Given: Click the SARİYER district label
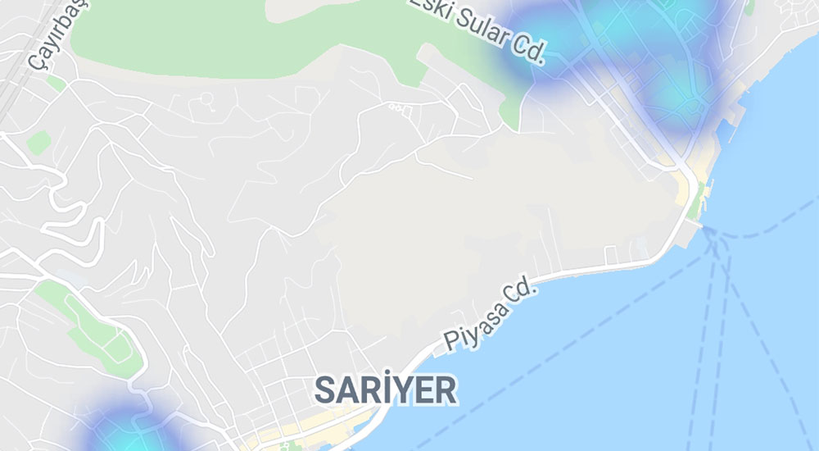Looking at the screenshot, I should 385,390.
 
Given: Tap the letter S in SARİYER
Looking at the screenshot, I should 326,391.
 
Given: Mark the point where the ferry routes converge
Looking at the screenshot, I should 711,234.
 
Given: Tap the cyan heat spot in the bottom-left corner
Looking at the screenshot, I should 123,430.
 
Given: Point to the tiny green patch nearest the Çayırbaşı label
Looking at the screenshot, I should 55,82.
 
